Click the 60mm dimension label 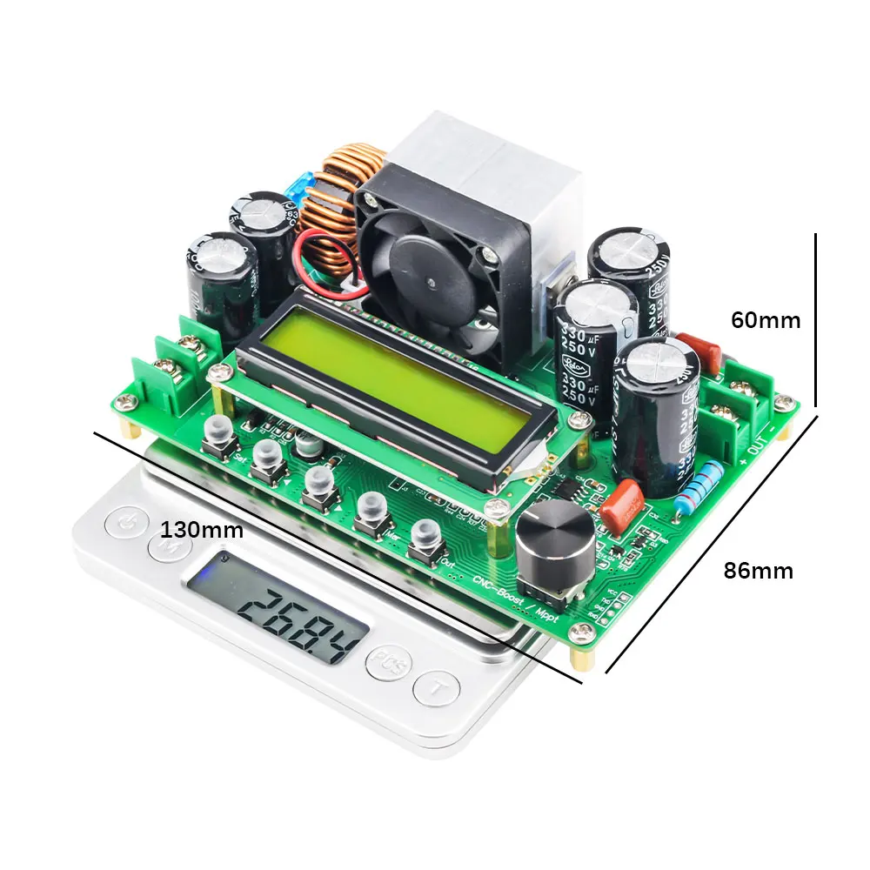766,320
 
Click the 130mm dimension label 202,529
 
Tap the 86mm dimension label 759,571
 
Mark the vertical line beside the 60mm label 817,319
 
